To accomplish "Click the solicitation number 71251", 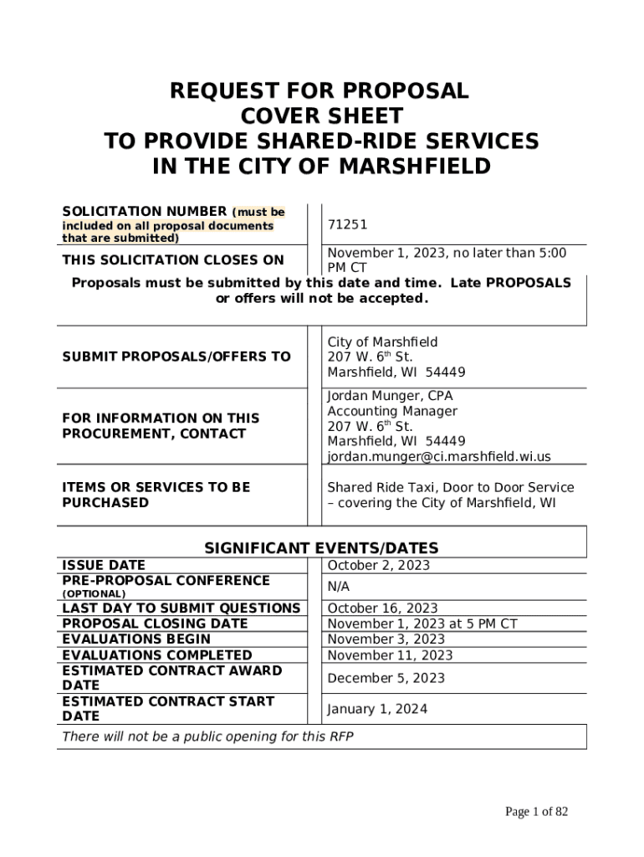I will (347, 225).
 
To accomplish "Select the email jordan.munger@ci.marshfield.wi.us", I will (438, 456).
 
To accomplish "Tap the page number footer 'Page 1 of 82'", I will (536, 812).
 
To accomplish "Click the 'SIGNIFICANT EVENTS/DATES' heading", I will (321, 548).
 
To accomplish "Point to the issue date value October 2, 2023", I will (378, 565).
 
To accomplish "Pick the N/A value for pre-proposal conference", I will (339, 588).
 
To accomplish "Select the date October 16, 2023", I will (382, 608).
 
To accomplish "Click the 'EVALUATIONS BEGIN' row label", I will (136, 639).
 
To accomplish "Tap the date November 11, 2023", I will (390, 655).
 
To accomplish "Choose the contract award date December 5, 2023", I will (386, 678).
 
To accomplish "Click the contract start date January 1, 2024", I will (376, 709).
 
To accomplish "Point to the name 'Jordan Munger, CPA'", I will (390, 396).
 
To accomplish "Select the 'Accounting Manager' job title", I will (391, 411).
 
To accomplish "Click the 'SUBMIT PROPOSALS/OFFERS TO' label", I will (176, 357).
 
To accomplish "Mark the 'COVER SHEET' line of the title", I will (321, 116).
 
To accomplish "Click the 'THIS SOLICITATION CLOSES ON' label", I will (173, 260).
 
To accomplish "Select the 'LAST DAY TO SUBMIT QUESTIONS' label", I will (181, 608).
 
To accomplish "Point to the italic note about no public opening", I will (207, 736).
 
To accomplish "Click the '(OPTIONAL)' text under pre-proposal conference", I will (94, 593).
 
